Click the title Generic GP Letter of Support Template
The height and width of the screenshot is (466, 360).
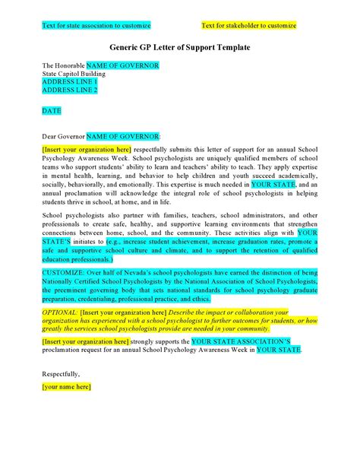[179, 47]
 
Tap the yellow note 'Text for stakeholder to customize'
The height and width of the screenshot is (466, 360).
[249, 26]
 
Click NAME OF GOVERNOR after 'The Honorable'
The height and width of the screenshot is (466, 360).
[122, 65]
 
